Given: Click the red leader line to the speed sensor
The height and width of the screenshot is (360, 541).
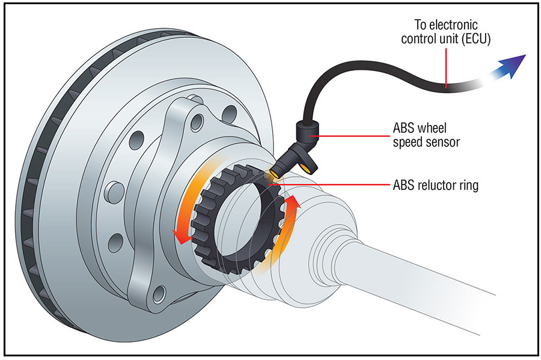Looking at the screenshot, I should click(x=355, y=136).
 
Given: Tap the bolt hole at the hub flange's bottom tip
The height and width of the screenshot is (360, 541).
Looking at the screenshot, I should click(x=159, y=293).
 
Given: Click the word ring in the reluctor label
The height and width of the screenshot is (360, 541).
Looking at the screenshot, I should click(x=468, y=186).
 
